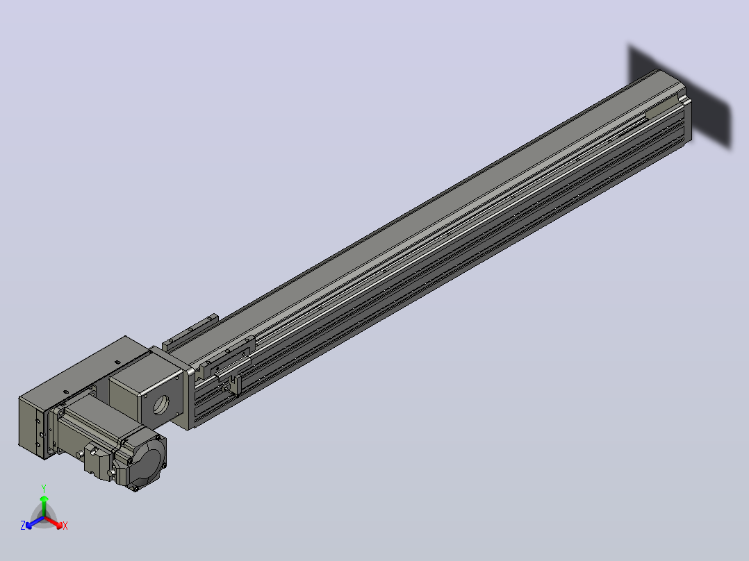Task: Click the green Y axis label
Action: point(44,489)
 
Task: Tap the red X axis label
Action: point(65,526)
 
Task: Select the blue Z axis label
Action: point(23,525)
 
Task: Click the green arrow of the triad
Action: point(44,505)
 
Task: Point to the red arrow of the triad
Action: point(53,522)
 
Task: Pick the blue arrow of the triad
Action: point(35,522)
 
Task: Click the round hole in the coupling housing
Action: point(161,405)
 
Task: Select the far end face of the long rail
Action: point(688,117)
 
